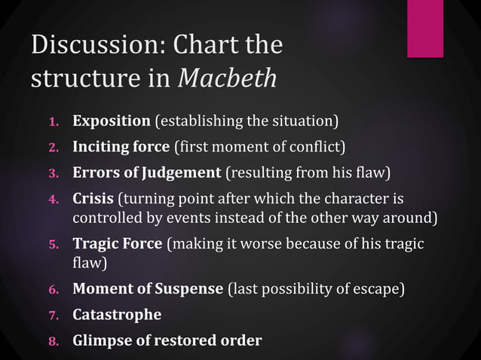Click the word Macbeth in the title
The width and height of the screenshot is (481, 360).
(227, 78)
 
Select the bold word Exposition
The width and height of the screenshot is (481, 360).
(112, 121)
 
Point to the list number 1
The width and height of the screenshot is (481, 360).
(54, 121)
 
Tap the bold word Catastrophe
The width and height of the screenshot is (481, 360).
(116, 314)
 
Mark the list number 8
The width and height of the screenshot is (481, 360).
(54, 341)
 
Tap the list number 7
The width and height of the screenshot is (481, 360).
(54, 315)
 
